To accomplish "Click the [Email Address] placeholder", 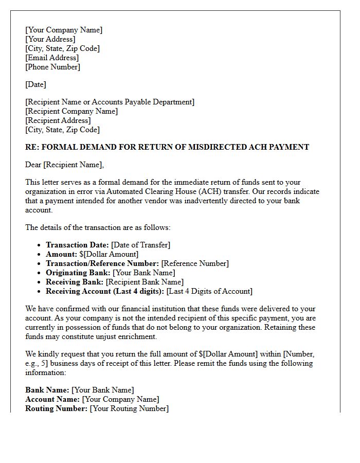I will click(52, 58).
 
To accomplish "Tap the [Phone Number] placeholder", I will click(52, 67).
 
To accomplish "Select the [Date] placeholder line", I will click(35, 84).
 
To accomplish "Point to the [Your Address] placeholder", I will click(50, 39).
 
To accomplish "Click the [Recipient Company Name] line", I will click(71, 111).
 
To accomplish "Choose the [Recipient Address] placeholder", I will click(58, 120).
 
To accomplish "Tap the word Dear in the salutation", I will click(33, 165).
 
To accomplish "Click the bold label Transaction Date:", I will click(77, 245).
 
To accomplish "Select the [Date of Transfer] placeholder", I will click(140, 245).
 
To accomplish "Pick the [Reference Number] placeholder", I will click(195, 263).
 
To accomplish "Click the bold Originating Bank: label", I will click(78, 273).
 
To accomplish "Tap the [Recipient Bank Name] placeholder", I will click(145, 282).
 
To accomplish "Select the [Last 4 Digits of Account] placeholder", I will click(209, 291).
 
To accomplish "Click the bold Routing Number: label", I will click(56, 408).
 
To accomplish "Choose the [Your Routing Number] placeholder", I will click(129, 408).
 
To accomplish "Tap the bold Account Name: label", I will click(52, 399).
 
